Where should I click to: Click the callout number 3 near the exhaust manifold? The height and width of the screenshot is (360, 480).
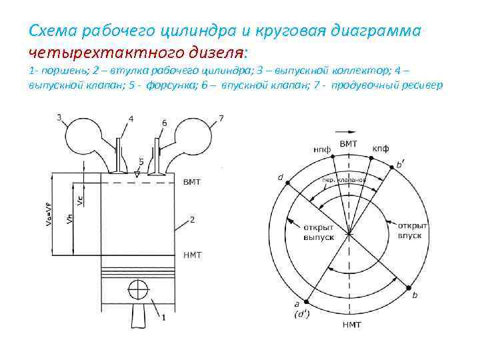click(59, 118)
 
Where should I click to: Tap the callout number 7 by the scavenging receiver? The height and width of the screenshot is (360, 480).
click(221, 118)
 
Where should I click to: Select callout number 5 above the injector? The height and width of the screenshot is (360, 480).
click(141, 161)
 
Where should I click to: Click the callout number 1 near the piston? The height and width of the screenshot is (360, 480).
click(163, 318)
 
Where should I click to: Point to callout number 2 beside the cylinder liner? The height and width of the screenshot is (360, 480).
click(192, 219)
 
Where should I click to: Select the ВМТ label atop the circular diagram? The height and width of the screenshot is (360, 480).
click(348, 144)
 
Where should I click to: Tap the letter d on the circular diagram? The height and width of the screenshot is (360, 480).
click(281, 177)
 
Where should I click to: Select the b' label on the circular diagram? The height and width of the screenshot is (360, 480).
click(399, 163)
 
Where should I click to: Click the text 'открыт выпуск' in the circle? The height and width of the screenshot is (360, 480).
click(318, 231)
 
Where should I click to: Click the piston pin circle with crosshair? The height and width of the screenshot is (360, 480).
click(137, 291)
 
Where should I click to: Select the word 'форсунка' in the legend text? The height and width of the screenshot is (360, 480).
click(172, 87)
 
